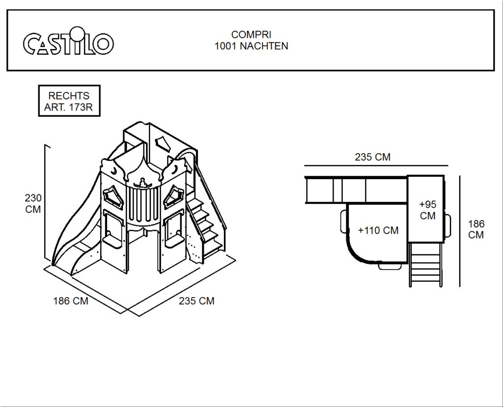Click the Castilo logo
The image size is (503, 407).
click(x=68, y=41)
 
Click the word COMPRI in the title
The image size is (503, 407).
click(x=251, y=35)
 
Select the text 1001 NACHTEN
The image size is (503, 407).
click(x=251, y=46)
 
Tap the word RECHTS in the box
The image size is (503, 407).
click(x=69, y=96)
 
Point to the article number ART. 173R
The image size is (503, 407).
click(x=69, y=107)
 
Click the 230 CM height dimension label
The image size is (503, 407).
click(x=33, y=204)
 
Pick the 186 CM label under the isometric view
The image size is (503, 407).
click(x=71, y=301)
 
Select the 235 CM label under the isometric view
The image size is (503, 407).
click(x=196, y=301)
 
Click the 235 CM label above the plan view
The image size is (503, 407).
click(x=372, y=157)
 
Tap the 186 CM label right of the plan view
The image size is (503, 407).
click(x=476, y=229)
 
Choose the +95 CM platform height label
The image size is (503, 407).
click(x=428, y=210)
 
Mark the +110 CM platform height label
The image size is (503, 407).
click(x=378, y=231)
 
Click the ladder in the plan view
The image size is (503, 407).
click(x=425, y=264)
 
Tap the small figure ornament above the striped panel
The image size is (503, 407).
click(x=141, y=183)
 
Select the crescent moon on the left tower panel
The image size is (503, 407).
click(x=114, y=171)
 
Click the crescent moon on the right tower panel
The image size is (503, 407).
click(x=173, y=169)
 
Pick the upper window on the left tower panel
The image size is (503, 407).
click(x=112, y=197)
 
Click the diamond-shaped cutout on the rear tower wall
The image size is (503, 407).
click(x=164, y=143)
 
